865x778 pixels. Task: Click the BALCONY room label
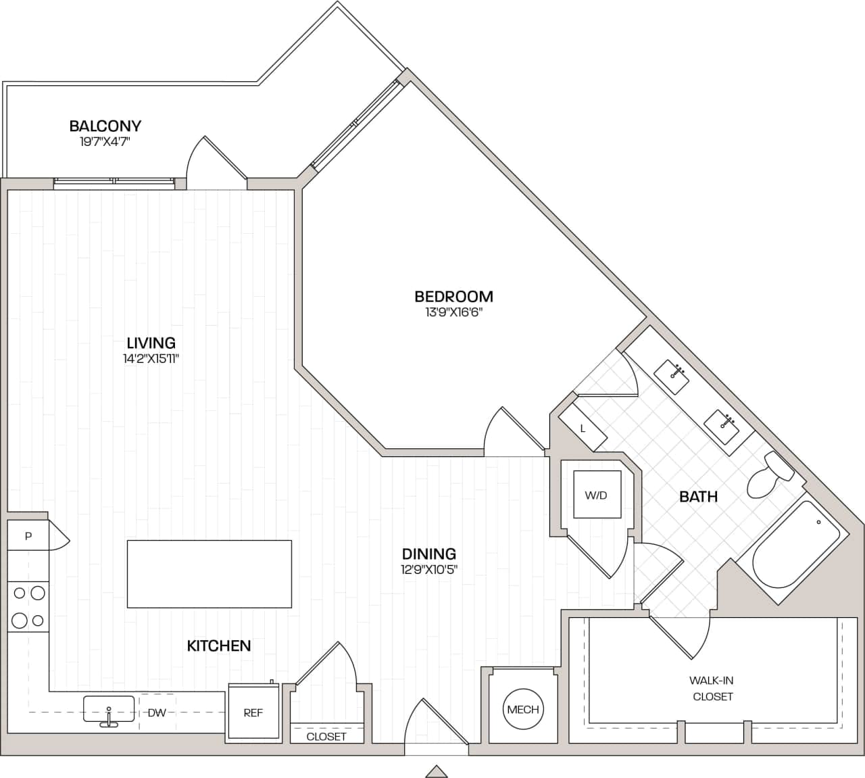click(105, 126)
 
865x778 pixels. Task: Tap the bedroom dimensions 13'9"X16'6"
click(453, 312)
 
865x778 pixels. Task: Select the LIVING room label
click(151, 343)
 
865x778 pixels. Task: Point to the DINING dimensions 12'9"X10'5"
click(429, 569)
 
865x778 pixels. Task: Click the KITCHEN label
click(219, 646)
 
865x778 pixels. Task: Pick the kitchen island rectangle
click(209, 573)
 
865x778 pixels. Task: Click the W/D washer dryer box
click(596, 495)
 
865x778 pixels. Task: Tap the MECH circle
click(523, 709)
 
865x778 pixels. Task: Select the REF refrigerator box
click(253, 712)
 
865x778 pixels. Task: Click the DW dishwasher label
click(157, 712)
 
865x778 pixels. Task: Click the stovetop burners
click(28, 606)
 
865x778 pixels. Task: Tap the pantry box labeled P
click(28, 536)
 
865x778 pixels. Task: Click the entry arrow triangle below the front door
click(437, 771)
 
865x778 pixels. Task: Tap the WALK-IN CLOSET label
click(712, 688)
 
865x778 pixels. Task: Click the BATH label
click(698, 497)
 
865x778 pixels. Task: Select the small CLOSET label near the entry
click(326, 736)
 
